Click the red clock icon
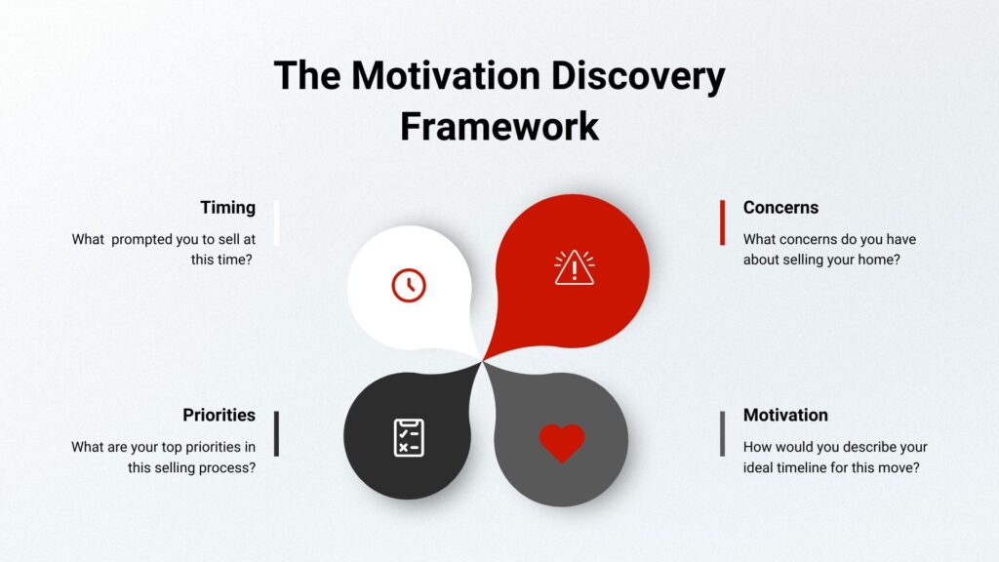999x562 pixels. coord(409,286)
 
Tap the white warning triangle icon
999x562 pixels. coord(574,267)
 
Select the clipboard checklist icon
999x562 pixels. coord(409,438)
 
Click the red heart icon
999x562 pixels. coord(561,443)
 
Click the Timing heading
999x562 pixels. coord(227,208)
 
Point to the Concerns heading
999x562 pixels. coord(780,208)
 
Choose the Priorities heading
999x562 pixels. coord(220,415)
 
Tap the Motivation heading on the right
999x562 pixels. coord(785,415)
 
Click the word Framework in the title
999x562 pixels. coord(499,126)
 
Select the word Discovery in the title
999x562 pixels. coord(638,76)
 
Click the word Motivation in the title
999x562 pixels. coord(446,75)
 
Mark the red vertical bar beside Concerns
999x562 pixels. coord(723,222)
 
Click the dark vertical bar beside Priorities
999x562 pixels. coord(276,434)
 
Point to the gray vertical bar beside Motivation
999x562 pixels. coord(723,434)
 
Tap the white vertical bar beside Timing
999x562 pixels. coord(276,222)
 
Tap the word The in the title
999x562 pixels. coord(307,75)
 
